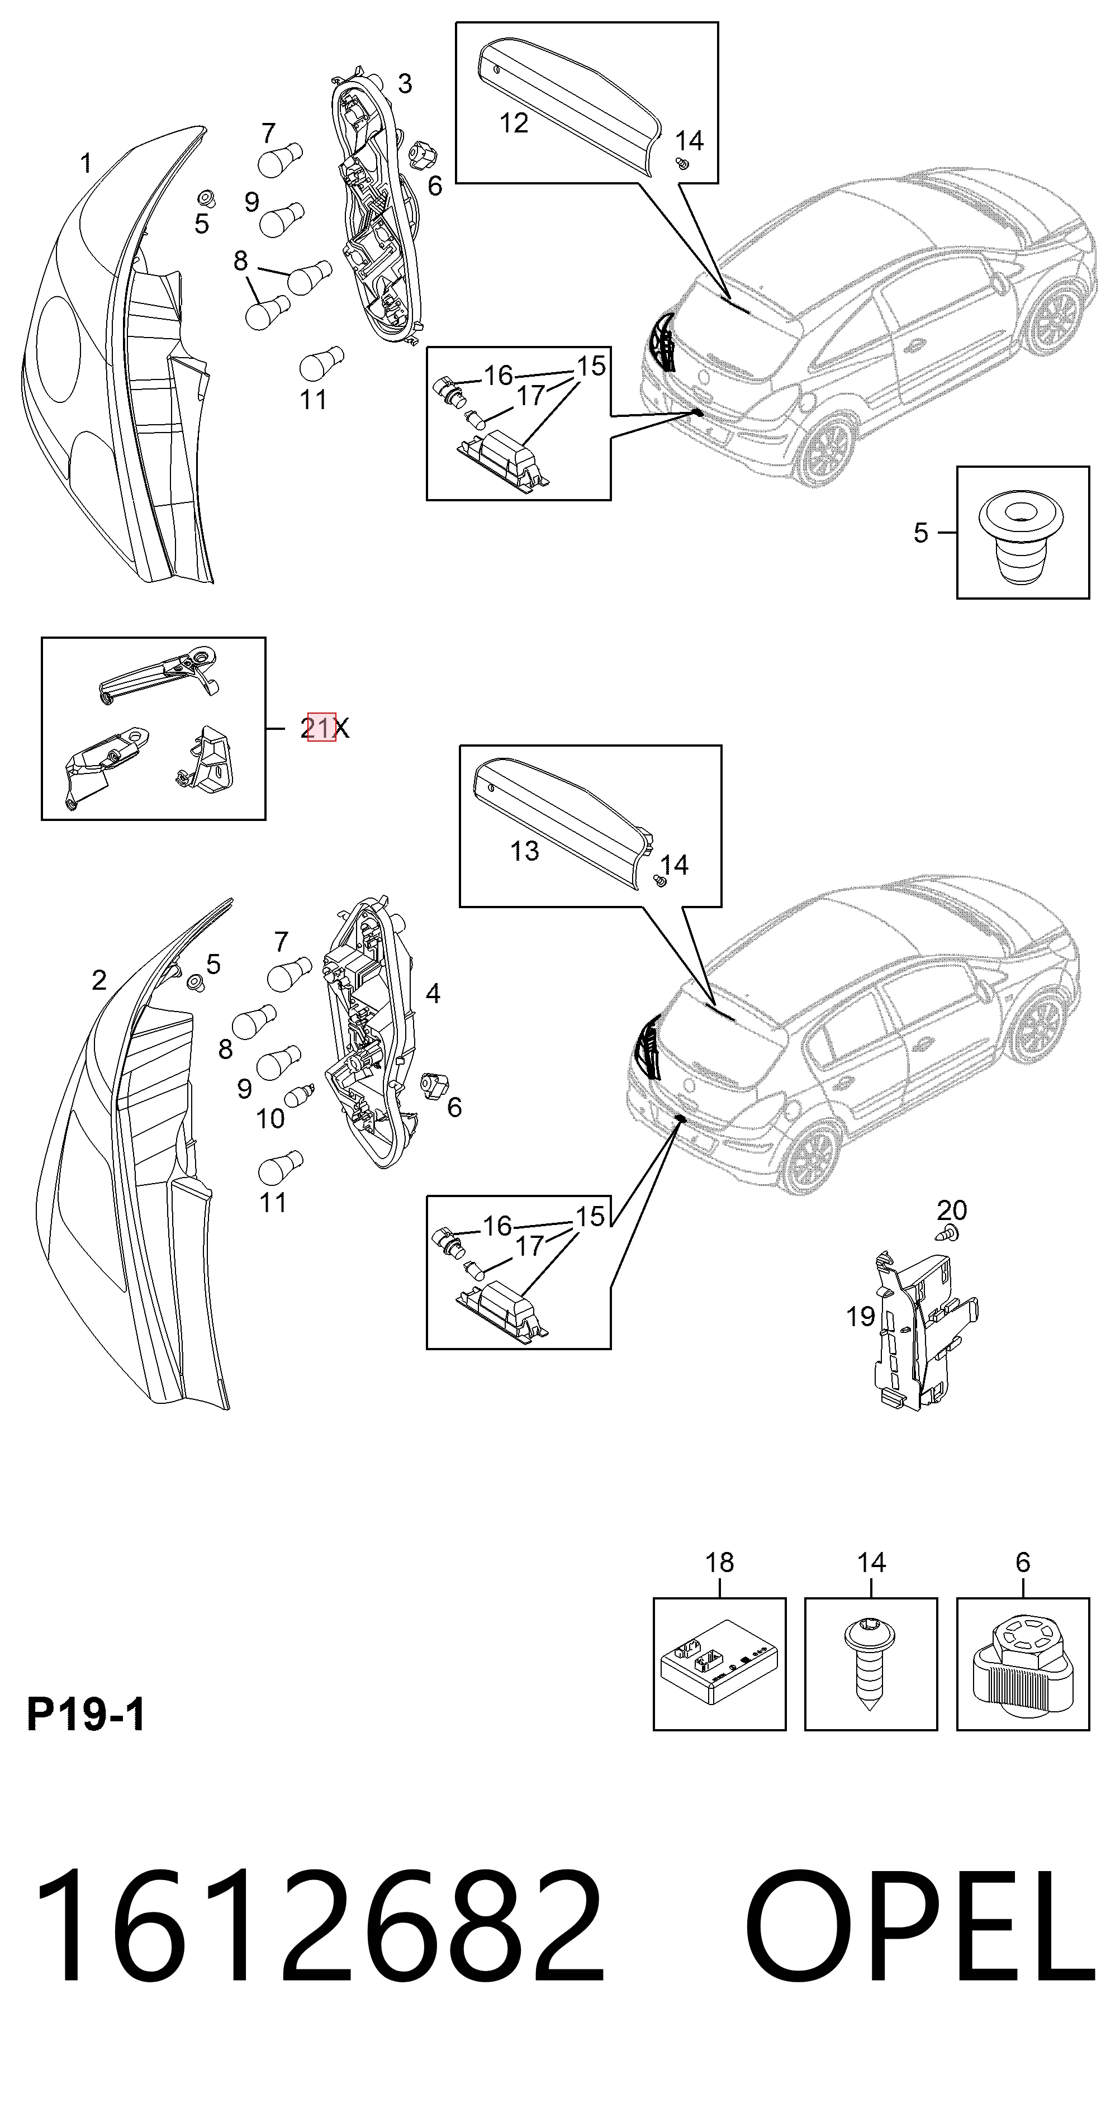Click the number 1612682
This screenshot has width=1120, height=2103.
(x=319, y=1942)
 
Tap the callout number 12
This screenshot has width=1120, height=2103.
(x=514, y=124)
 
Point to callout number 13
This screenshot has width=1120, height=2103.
(x=524, y=851)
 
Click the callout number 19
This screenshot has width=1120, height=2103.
(x=861, y=1316)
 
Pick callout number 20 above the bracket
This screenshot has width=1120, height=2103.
(x=952, y=1210)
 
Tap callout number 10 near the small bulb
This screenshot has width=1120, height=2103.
(x=270, y=1118)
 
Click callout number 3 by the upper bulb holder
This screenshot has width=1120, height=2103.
(x=405, y=83)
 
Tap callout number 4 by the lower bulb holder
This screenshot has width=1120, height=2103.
(x=434, y=994)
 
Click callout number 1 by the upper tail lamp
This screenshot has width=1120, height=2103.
(x=86, y=164)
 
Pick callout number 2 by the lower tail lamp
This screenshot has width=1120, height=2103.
(x=99, y=980)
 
